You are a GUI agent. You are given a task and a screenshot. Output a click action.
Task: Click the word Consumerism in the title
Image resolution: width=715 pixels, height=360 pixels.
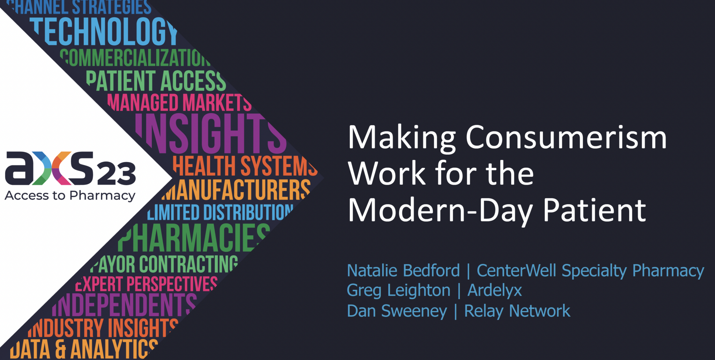(x=566, y=138)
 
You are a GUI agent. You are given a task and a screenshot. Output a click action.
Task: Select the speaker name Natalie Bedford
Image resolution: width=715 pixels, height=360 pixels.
(x=403, y=271)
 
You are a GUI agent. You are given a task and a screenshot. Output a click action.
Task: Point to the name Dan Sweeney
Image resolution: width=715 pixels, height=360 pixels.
(x=397, y=311)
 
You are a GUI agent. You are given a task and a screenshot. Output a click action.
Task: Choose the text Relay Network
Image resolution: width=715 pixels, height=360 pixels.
(x=517, y=311)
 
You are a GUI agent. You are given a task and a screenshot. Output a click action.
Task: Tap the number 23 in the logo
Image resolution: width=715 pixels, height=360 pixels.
(x=116, y=173)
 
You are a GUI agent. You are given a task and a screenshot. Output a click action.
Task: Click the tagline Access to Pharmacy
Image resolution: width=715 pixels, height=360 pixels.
(x=70, y=196)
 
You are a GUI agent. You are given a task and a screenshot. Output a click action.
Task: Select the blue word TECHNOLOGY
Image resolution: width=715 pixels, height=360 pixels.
(x=105, y=32)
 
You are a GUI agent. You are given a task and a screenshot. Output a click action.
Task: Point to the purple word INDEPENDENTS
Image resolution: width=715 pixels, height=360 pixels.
(x=125, y=304)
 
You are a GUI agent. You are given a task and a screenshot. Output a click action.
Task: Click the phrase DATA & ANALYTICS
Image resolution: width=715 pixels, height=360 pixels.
(x=84, y=348)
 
